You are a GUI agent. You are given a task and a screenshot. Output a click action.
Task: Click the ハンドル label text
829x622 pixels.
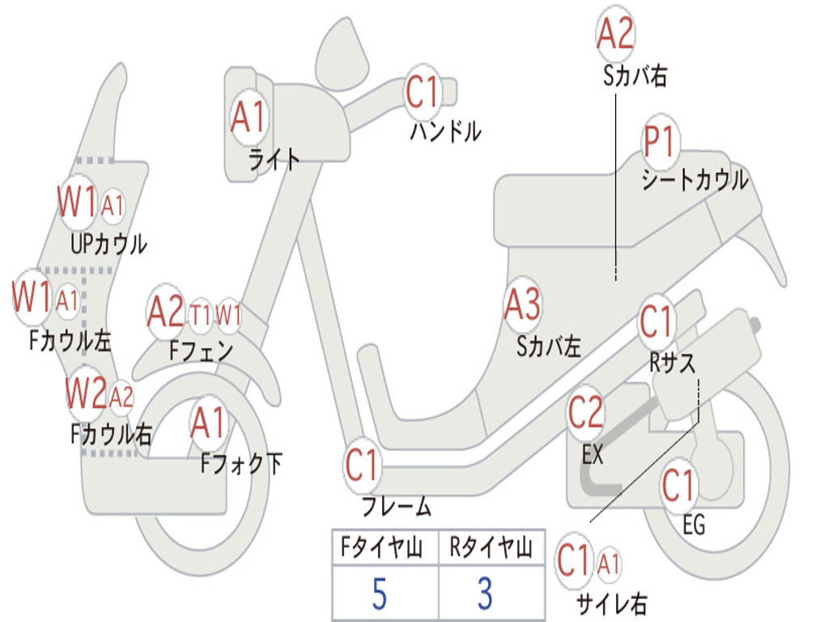pos(445,130)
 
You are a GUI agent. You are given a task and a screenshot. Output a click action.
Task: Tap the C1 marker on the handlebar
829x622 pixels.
pos(423,92)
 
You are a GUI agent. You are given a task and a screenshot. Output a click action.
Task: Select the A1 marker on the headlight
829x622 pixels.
pos(248,117)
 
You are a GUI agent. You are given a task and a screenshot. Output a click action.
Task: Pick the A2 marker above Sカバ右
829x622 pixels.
pos(614,33)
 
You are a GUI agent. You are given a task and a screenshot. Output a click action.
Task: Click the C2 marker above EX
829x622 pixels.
pos(585,414)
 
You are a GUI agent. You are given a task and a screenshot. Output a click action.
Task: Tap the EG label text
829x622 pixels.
pos(694,526)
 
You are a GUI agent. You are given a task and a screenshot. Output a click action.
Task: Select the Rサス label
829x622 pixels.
pos(672,364)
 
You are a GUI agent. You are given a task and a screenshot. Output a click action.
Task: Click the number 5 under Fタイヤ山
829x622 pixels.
pos(379,594)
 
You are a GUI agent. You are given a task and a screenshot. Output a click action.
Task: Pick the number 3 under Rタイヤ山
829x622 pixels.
pos(485,594)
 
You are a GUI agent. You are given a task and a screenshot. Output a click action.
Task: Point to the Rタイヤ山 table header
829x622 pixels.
pos(491,549)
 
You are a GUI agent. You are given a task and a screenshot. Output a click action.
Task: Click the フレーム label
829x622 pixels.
pos(397,508)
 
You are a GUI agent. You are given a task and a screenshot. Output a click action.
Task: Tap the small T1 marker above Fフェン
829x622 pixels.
pos(201,315)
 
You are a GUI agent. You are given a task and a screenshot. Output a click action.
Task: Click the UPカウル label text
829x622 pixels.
pos(108,243)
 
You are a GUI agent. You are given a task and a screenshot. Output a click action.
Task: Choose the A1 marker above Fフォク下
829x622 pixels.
pos(209,423)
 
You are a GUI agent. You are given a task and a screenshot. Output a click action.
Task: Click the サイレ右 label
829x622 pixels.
pos(611,603)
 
